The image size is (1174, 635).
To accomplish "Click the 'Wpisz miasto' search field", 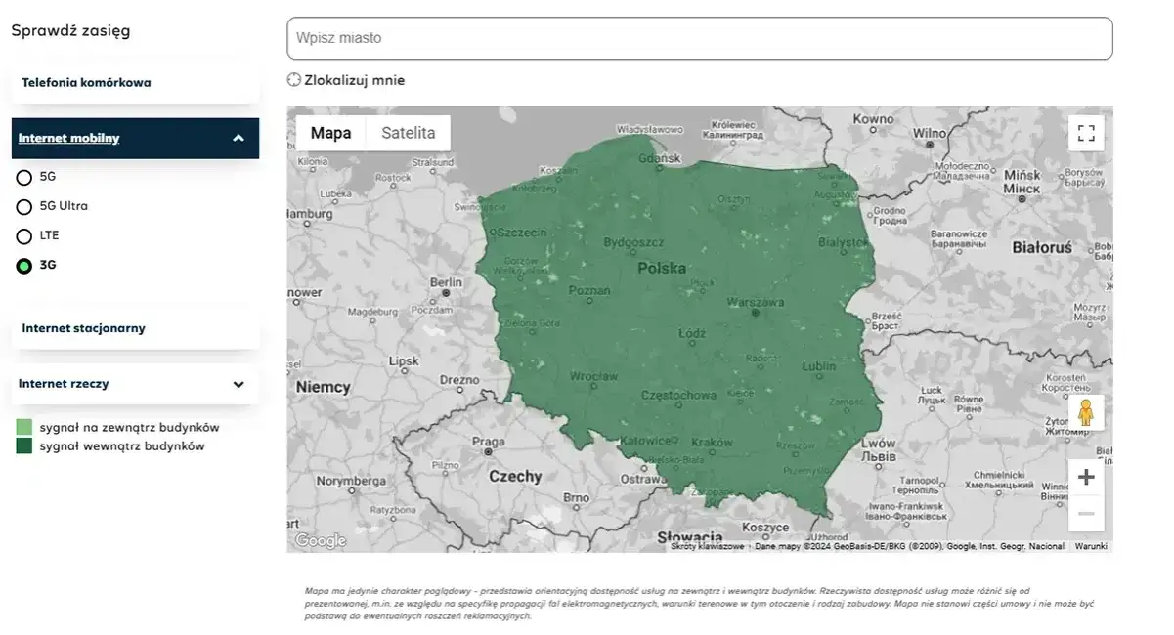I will click(699, 38).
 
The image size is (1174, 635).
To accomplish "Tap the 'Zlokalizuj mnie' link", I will click(346, 80).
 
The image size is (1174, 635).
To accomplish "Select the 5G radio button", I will click(24, 178).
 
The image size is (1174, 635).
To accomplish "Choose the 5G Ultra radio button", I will click(24, 207).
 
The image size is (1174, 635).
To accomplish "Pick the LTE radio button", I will click(24, 236).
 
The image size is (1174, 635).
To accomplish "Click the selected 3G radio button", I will click(24, 266).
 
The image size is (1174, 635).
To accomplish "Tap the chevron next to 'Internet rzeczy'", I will click(239, 384).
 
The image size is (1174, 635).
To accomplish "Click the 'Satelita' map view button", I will click(408, 133).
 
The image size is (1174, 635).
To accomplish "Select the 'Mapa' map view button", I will click(330, 133).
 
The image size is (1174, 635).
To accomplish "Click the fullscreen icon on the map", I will click(1086, 133).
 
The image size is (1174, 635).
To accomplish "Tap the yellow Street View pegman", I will click(1086, 412).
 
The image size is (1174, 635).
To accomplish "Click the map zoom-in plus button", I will click(1086, 477).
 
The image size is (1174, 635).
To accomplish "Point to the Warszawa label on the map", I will click(756, 302).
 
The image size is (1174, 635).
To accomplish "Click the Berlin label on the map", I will click(446, 282).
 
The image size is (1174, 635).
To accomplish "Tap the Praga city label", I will click(488, 442).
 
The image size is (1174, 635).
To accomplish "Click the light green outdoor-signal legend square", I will click(23, 428).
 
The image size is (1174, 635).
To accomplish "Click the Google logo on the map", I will click(321, 540).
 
